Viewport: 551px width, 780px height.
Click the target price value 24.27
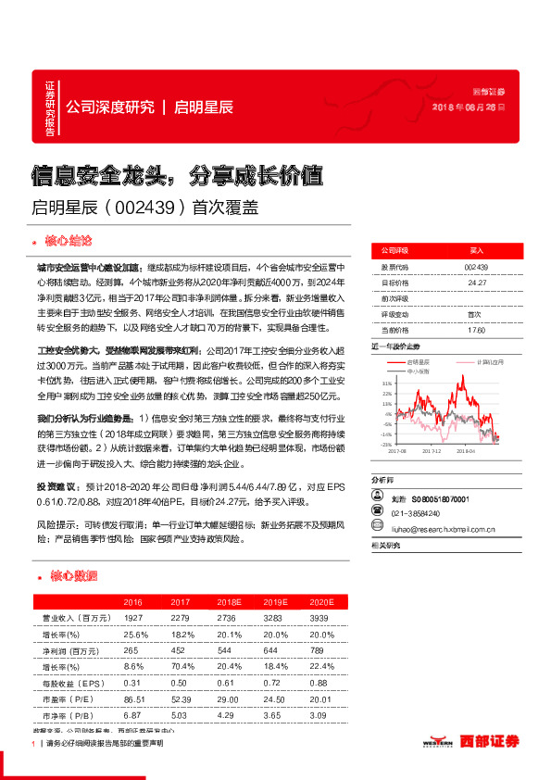point(477,283)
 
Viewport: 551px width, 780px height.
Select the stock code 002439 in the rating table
point(477,267)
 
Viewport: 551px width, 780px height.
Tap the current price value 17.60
point(477,330)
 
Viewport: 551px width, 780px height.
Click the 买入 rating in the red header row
point(477,250)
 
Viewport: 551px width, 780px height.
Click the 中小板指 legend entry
point(419,370)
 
